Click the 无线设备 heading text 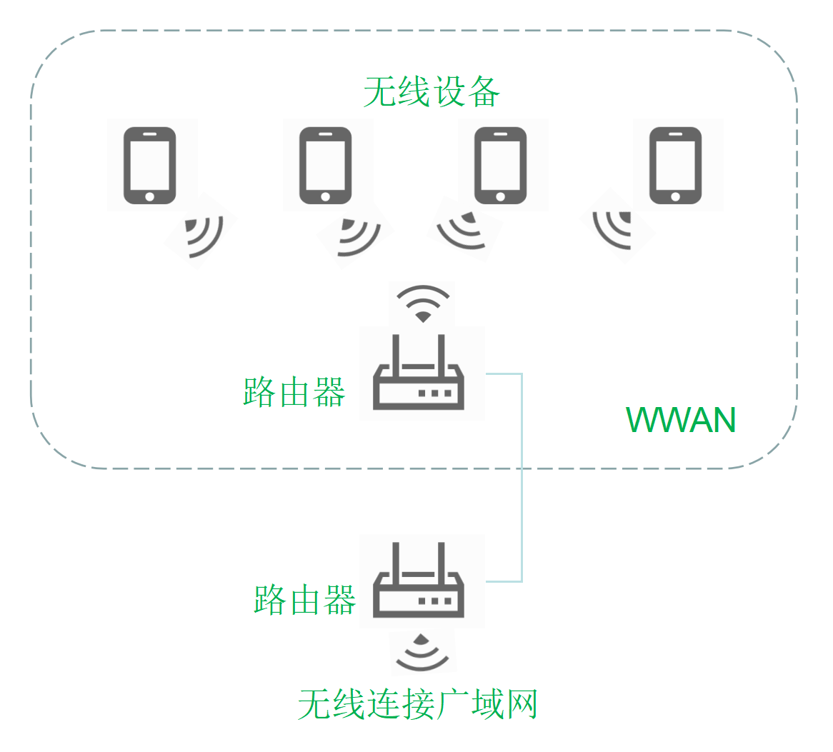click(432, 92)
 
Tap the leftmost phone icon click(150, 166)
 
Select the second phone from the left click(325, 166)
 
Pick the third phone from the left click(500, 166)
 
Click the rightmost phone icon click(675, 166)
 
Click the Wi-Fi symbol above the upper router click(424, 304)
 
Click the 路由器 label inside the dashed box click(294, 392)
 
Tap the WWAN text click(681, 420)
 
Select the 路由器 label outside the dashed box click(305, 599)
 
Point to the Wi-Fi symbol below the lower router click(422, 651)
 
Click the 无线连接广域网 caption click(418, 705)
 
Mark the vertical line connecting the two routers click(522, 477)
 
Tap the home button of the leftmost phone click(150, 196)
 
